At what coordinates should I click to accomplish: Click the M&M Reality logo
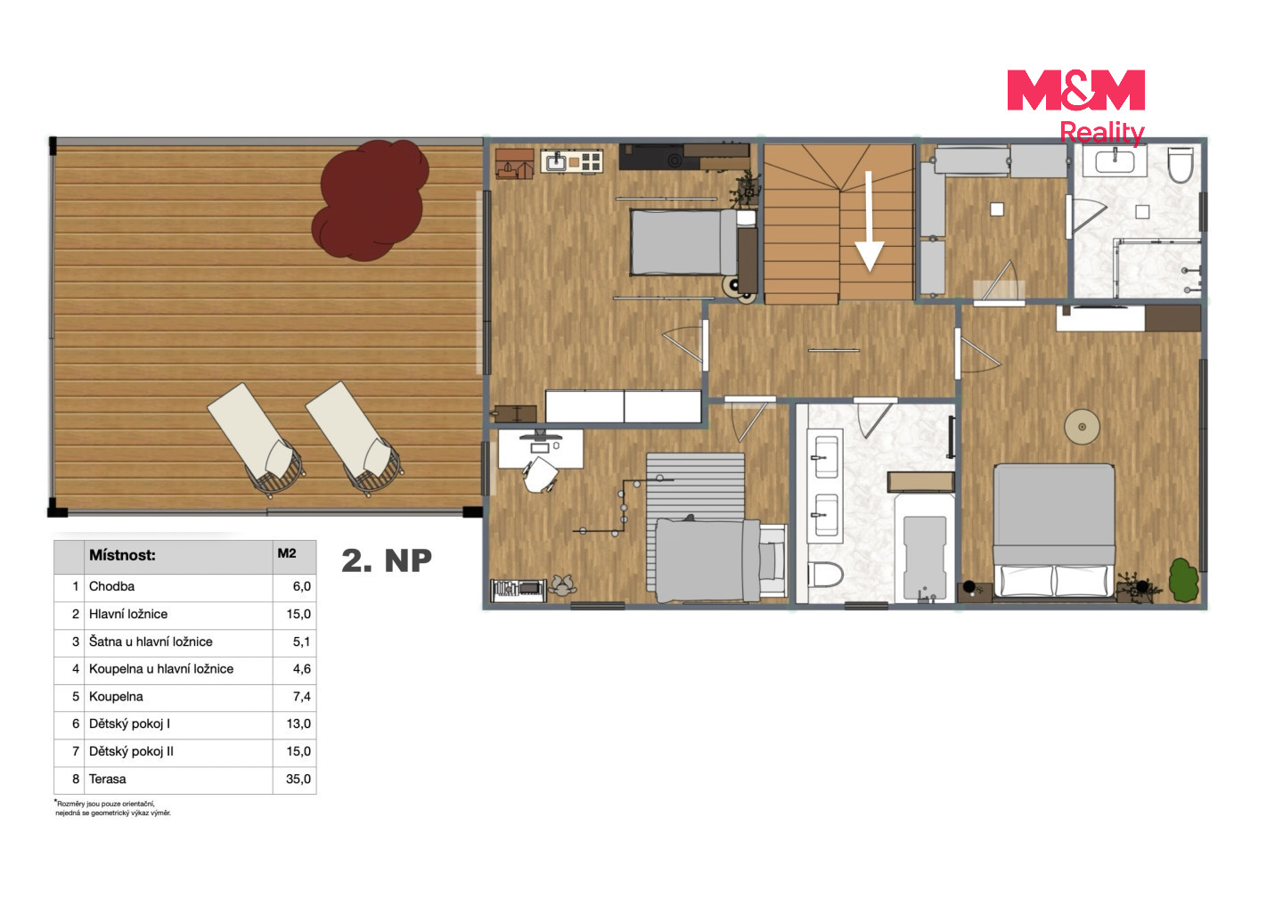1075,107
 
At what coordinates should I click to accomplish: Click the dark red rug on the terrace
370,200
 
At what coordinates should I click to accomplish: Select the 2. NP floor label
387,560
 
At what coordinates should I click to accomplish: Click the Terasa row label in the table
107,779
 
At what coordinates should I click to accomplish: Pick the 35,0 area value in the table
298,779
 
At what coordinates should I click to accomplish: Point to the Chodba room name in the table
111,586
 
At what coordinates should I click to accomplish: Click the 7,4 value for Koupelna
302,696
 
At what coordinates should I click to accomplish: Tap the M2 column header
287,553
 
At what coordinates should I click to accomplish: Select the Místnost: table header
122,555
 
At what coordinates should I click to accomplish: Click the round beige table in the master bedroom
1082,427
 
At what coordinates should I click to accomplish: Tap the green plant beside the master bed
1183,580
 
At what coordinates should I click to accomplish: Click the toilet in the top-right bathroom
1181,165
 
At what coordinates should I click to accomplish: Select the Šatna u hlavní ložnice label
151,641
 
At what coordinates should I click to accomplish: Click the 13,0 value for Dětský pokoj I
298,723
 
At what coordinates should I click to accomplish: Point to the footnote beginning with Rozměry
113,808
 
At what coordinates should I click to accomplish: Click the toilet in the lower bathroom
825,575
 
